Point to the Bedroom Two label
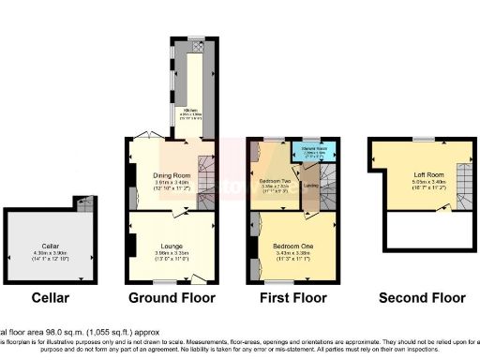coord(274,179)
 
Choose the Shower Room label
coord(309,147)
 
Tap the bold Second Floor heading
coord(422,298)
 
